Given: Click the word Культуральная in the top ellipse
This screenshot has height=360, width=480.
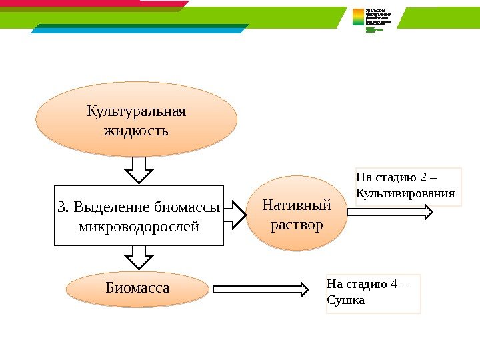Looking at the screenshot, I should click(x=136, y=111).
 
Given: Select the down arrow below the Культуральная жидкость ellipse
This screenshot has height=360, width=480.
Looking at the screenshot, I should click(x=139, y=170).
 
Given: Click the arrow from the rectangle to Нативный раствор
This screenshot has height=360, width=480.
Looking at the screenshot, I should click(x=233, y=213).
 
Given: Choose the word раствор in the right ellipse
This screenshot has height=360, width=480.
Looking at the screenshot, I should click(x=297, y=224).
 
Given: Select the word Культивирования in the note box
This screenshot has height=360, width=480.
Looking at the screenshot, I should click(x=406, y=194).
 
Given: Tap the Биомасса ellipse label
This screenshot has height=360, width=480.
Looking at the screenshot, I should click(x=137, y=288).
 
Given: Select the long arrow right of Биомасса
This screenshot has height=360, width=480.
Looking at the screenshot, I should click(x=261, y=289).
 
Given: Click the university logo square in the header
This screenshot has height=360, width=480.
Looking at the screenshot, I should click(x=359, y=17).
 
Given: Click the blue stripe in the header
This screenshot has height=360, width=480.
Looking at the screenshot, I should click(x=140, y=29).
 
